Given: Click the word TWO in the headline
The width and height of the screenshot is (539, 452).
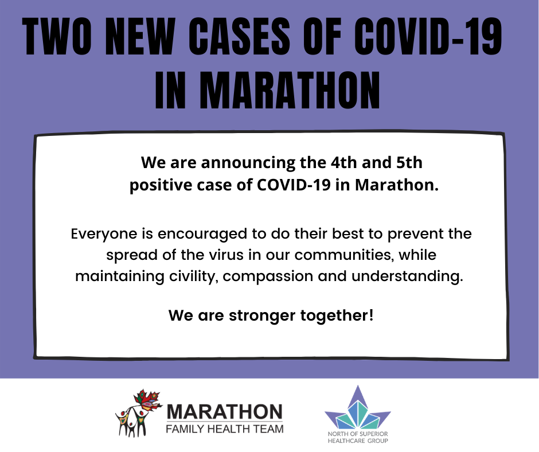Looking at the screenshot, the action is pos(57,36).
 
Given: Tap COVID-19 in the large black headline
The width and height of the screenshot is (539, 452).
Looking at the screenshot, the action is pos(428,36).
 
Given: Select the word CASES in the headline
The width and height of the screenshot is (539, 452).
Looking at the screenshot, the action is pos(239,36).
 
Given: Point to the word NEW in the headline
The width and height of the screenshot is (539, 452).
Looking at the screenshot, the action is pos(138,36).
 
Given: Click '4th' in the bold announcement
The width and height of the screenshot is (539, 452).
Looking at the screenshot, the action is pos(343,162).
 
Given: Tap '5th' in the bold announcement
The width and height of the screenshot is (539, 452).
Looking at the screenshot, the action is pos(409,162).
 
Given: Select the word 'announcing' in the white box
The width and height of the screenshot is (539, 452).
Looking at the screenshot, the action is pos(248,163).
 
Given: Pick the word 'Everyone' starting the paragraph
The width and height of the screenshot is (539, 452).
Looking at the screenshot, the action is pos(104,234).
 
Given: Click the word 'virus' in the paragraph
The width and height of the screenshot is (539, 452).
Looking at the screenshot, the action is pos(226,255).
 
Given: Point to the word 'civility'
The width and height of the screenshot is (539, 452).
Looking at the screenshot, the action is pos(194,277).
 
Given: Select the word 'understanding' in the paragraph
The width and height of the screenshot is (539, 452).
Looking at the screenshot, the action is pos(407,276).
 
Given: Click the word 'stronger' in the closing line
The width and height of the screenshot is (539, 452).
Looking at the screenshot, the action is pos(262,316).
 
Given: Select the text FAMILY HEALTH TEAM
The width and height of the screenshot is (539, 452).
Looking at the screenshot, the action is pos(224,429).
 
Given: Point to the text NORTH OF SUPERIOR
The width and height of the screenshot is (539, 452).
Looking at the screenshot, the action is pos(358,434).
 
